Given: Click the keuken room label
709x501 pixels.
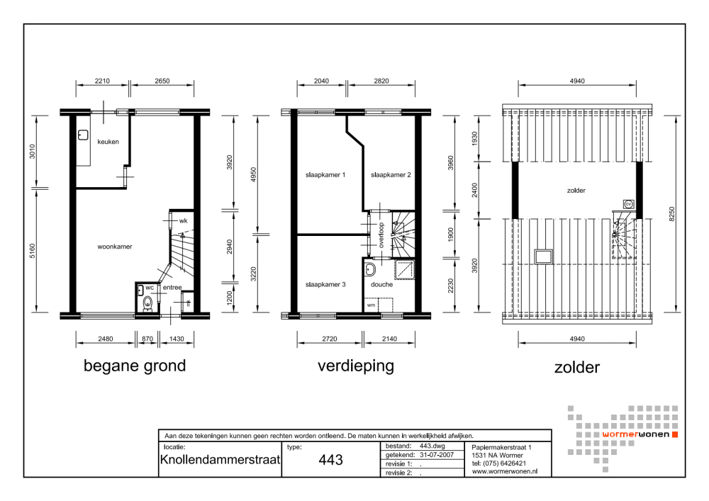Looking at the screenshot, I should coord(108,141).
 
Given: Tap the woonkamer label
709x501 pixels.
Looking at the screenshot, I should coord(115,247).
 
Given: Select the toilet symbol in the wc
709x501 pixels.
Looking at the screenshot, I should coord(147,303).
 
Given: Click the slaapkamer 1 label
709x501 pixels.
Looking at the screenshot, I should coord(325,174).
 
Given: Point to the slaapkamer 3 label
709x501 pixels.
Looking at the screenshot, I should coord(325,284).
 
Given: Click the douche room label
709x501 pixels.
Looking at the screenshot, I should coord(381,284).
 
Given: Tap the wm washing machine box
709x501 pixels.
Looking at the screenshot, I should coord(372,306).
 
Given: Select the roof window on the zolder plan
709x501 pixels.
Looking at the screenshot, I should coord(544,255).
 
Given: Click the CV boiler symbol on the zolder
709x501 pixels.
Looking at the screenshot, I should coord(627,204).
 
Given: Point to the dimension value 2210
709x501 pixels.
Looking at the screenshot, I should coord(102,81).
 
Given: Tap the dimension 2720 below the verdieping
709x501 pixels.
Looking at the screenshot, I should coord(328,339).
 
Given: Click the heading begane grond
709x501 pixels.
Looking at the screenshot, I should coord(135,366).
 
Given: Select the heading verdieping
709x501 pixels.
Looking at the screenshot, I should coord(355,366).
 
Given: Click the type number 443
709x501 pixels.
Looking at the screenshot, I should coord(330,460).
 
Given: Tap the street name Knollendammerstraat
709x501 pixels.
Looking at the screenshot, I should coord(220,460).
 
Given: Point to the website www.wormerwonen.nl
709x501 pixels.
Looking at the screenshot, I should coord(504,471).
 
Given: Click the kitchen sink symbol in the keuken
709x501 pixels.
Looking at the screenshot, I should coord(82,134).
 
